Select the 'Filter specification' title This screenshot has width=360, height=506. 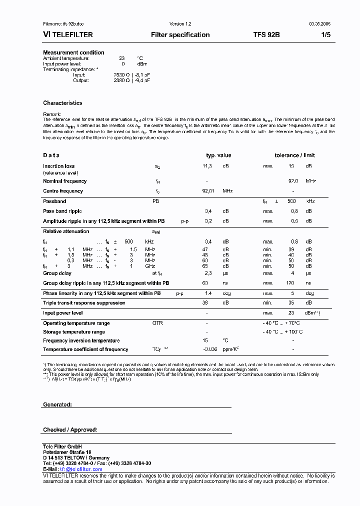point(180,35)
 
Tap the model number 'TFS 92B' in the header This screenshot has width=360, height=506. point(266,35)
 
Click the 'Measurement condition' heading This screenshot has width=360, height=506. point(73,52)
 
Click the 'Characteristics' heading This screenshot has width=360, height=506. point(62,103)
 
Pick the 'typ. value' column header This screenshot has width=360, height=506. point(218,155)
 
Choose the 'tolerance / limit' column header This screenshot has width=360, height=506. point(294,155)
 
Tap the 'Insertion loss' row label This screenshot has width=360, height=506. point(58,166)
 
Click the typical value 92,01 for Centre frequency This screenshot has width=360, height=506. point(207,191)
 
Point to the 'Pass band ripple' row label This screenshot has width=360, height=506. point(62,211)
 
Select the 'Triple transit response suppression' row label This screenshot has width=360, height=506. point(84,303)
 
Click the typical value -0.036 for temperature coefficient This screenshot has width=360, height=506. point(210,349)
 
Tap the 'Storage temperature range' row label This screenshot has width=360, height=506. point(74,332)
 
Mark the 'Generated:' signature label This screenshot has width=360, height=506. point(57,404)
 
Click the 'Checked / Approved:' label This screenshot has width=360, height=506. point(70,430)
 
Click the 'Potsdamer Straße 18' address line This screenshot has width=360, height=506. point(67,452)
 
